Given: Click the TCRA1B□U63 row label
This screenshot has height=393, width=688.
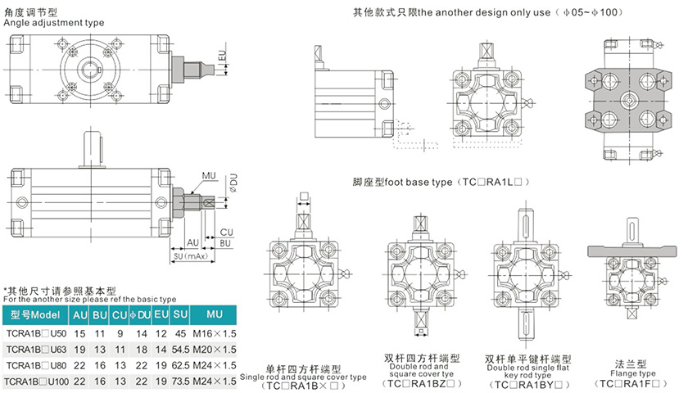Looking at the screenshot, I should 37,349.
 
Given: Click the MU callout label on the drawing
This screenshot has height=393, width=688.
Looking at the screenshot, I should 210,175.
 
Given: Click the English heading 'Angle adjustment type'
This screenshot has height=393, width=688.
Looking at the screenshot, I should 54,23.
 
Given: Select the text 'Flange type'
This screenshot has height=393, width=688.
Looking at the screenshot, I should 631,374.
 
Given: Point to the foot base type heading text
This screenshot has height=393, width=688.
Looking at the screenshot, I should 442,182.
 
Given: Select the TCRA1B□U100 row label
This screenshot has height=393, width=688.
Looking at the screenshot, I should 37,381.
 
